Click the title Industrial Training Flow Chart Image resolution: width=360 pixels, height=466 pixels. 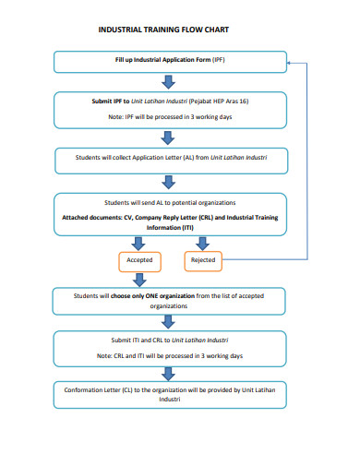162,30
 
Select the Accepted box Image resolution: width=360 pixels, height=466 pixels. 139,260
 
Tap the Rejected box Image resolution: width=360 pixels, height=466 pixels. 202,260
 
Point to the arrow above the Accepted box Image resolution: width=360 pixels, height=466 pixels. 139,243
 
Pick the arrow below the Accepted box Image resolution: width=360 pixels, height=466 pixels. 139,278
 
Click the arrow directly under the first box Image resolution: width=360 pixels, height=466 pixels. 168,82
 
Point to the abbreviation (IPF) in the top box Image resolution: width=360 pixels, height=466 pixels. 218,61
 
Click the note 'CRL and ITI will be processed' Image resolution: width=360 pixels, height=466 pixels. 168,355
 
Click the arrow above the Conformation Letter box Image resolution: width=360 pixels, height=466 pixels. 168,374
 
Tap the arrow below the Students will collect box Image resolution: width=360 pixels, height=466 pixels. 168,182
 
